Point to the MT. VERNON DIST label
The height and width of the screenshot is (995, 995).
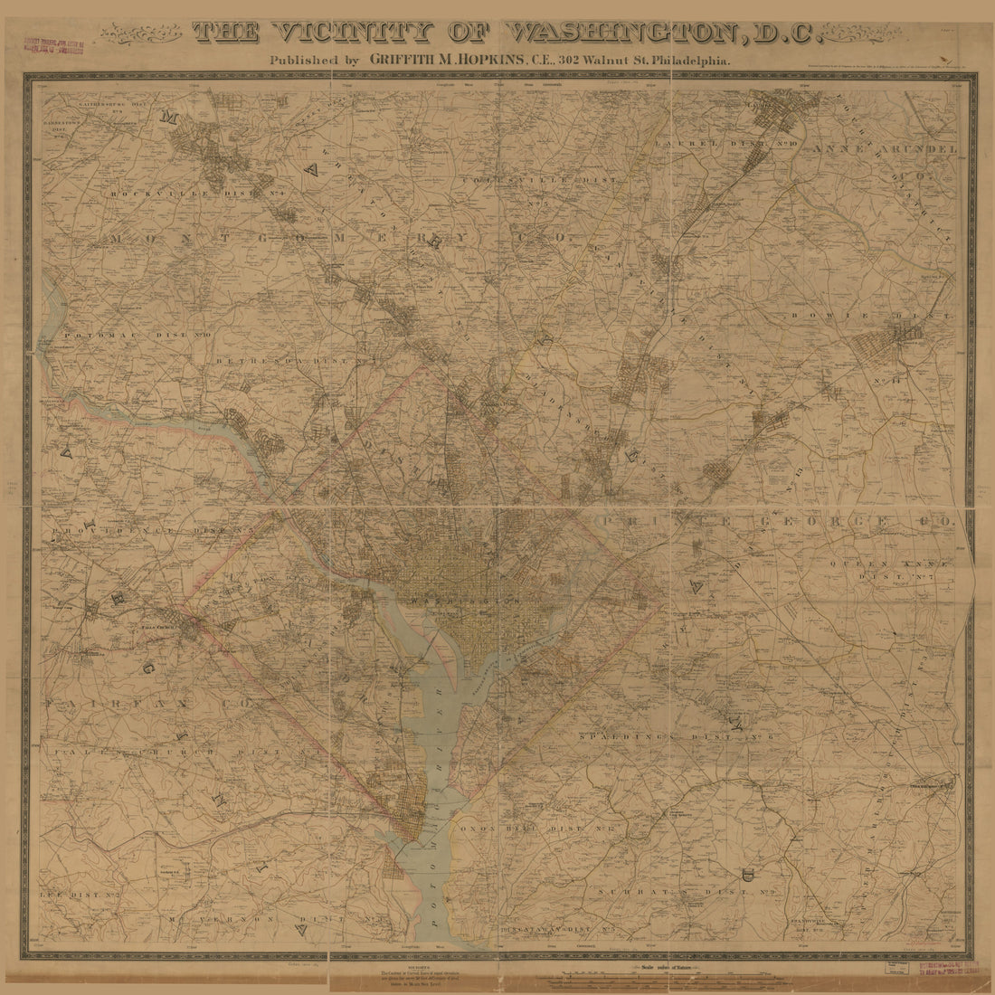tap(271, 919)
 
